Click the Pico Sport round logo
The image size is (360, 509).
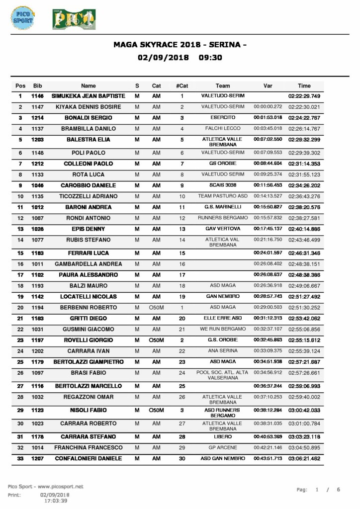click(x=22, y=18)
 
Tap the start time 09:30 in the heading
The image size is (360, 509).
click(x=210, y=57)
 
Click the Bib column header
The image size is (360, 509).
click(x=37, y=85)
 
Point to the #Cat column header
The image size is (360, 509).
click(x=182, y=85)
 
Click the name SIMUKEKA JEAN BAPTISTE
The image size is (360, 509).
click(x=89, y=96)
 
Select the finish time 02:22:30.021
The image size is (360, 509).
click(x=304, y=107)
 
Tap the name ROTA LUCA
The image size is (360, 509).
click(x=89, y=174)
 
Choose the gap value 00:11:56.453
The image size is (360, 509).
click(x=268, y=185)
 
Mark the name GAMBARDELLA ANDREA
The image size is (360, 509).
click(x=89, y=264)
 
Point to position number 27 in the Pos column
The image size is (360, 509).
click(x=20, y=386)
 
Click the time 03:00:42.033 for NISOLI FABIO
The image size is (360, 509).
click(x=304, y=411)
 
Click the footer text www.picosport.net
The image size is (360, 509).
click(x=60, y=486)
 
